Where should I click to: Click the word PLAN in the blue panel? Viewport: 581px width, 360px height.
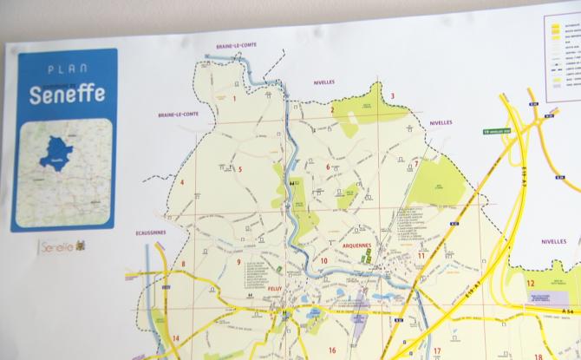65,69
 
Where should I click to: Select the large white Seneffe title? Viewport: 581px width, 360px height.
66,95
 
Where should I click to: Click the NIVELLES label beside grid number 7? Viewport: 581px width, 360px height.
441,123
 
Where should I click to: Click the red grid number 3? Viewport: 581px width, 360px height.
392,96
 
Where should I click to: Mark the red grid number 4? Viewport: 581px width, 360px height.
182,182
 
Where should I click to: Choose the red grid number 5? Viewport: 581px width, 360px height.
240,170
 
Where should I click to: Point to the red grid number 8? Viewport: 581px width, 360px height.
183,265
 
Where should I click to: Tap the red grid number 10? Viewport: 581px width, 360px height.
323,261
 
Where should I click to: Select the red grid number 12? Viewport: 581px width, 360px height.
530,283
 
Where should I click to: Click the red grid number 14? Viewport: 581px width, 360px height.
176,338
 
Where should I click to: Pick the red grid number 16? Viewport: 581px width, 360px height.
332,350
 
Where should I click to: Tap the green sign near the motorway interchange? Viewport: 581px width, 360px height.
497,132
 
